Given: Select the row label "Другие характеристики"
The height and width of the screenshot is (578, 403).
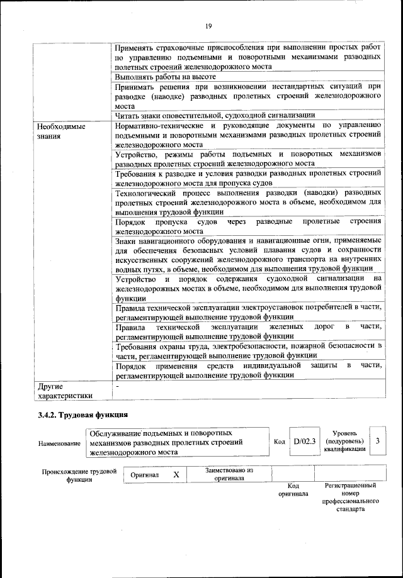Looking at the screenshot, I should pyautogui.click(x=65, y=391).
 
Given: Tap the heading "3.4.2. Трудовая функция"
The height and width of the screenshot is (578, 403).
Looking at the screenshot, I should pyautogui.click(x=82, y=415).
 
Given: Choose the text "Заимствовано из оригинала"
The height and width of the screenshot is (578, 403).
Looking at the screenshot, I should pyautogui.click(x=229, y=474).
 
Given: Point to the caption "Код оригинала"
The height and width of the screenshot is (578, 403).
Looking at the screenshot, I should pyautogui.click(x=293, y=490).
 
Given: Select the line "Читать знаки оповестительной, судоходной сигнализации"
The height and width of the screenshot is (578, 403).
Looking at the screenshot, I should pyautogui.click(x=215, y=114).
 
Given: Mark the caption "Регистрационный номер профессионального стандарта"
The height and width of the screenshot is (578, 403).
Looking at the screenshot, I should pyautogui.click(x=350, y=497).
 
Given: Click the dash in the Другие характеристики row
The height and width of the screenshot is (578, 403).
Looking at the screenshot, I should pyautogui.click(x=118, y=384).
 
